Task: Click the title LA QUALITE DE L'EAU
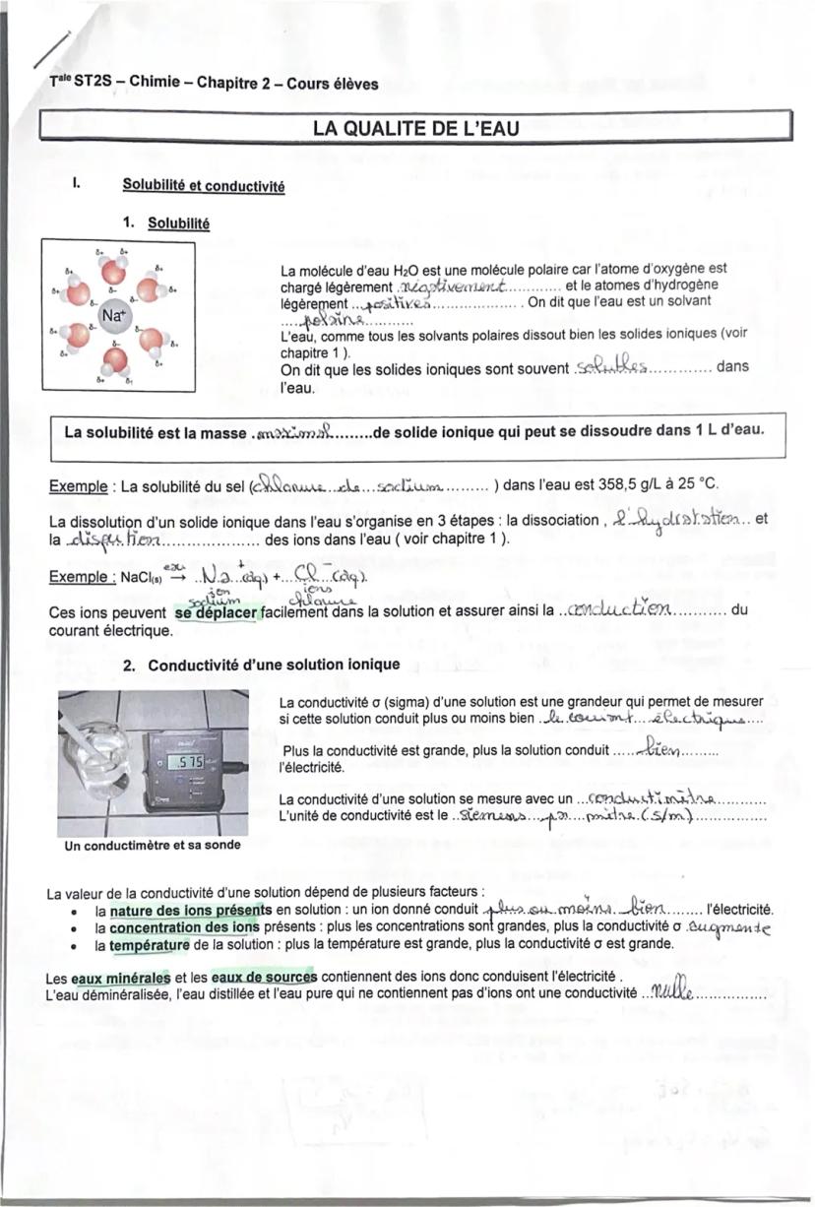(414, 127)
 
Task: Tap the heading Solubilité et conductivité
(203, 185)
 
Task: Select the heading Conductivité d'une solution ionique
(274, 665)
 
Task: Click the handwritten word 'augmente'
(728, 925)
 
